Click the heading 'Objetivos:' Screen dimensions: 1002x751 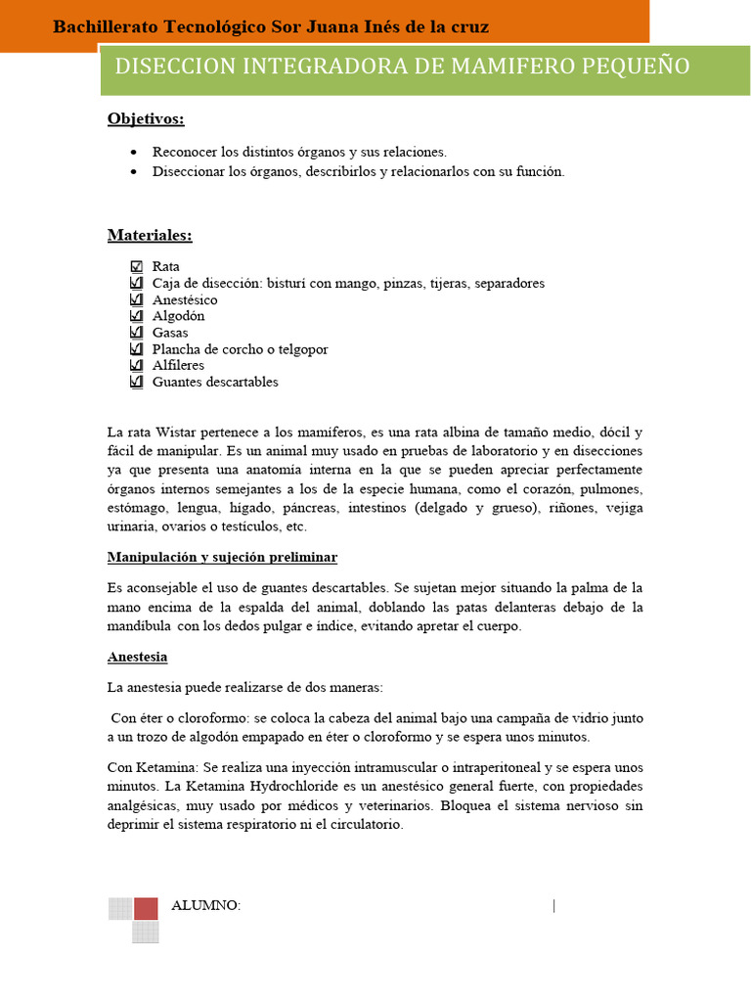click(x=146, y=119)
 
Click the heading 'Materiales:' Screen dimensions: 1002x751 click(x=150, y=236)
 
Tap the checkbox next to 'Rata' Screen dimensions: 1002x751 click(x=136, y=266)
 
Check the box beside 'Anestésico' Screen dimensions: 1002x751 click(x=136, y=299)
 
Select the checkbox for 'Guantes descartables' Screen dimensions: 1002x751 click(x=136, y=382)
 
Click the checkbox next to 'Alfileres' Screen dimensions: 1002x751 click(x=136, y=365)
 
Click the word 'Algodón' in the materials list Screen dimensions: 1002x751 click(x=178, y=316)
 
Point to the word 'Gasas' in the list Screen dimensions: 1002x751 click(x=170, y=333)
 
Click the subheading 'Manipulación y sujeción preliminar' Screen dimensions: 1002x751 click(x=222, y=557)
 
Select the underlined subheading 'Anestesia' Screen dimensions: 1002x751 click(x=137, y=657)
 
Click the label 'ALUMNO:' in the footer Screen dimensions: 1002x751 click(x=205, y=905)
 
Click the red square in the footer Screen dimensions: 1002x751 click(x=146, y=908)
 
